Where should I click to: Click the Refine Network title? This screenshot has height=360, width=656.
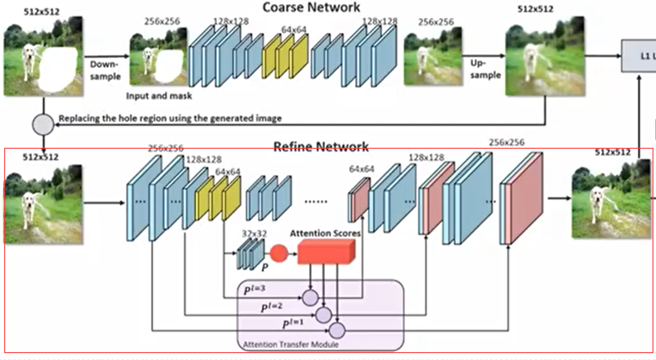[321, 147]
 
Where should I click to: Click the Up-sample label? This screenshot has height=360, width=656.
[483, 70]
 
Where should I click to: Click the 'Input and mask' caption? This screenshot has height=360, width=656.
[160, 96]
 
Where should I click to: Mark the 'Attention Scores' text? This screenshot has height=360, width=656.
[324, 233]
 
